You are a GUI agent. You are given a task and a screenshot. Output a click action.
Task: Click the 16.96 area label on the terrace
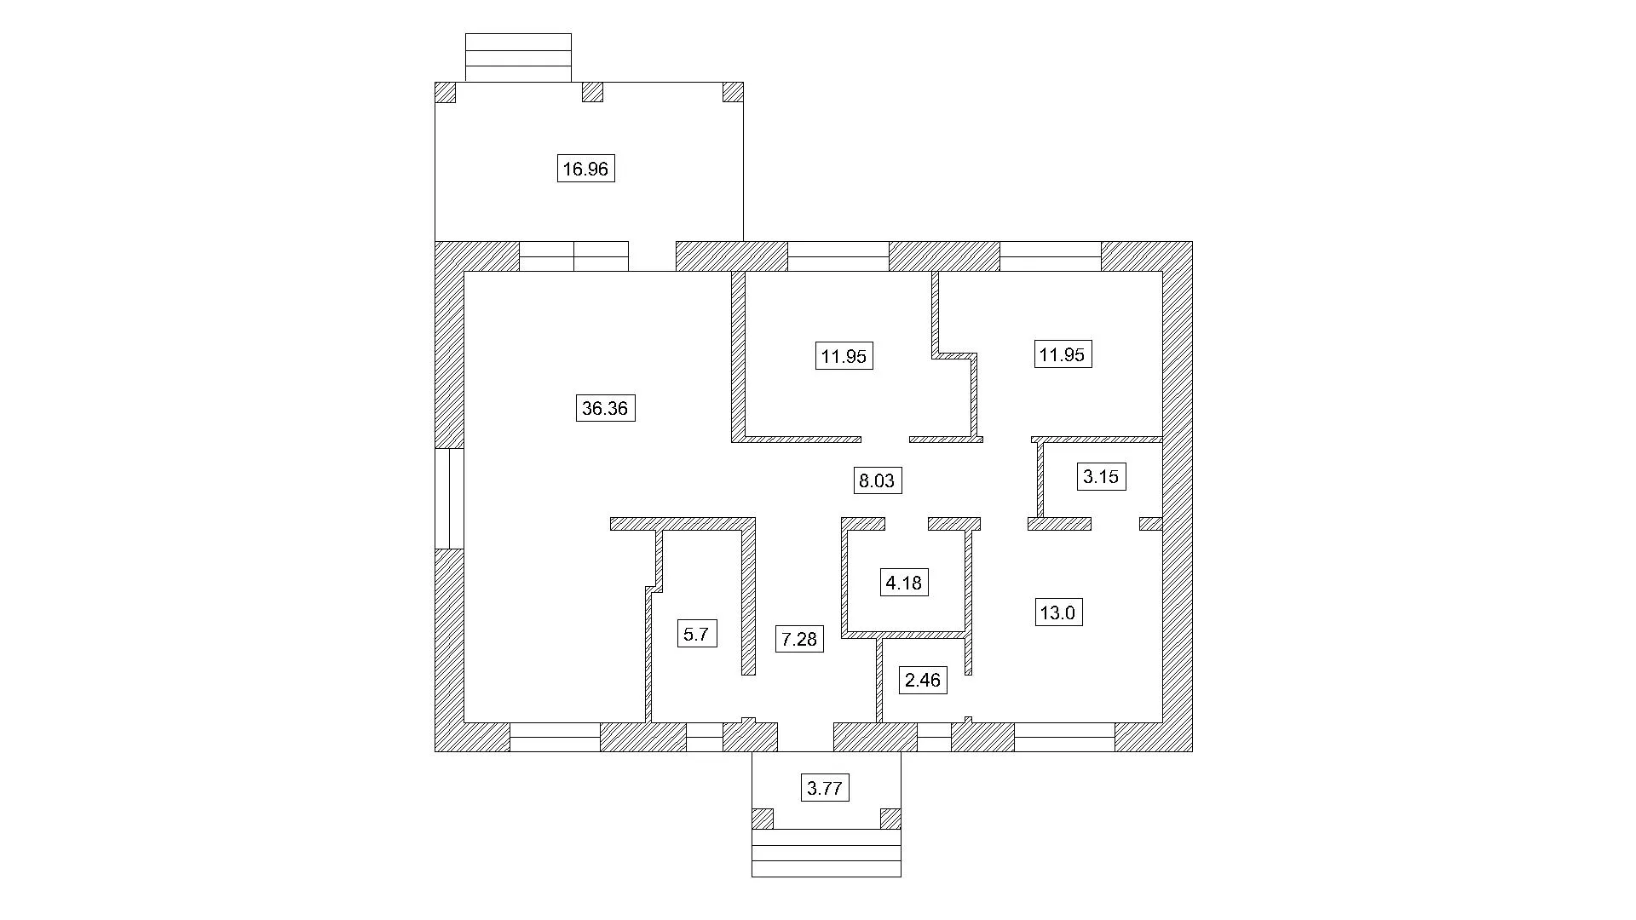tap(585, 169)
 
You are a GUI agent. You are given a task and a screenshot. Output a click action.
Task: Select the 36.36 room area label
tap(605, 408)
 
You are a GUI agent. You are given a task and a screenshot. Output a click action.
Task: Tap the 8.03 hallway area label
tap(877, 480)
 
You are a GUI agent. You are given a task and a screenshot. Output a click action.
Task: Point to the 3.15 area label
tap(1100, 476)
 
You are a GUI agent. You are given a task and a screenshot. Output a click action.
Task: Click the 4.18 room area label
tap(903, 583)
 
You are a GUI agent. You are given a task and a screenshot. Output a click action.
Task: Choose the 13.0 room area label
tap(1058, 612)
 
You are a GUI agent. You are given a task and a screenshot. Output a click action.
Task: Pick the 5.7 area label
tap(696, 634)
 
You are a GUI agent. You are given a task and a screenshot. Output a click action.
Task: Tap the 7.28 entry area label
tap(799, 638)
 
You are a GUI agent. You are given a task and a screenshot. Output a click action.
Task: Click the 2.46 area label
tap(923, 680)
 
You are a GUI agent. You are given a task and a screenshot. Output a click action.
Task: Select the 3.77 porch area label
tap(825, 788)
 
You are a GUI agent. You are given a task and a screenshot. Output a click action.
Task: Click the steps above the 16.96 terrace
tap(518, 58)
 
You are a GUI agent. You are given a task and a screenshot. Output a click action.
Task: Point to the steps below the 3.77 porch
tap(827, 853)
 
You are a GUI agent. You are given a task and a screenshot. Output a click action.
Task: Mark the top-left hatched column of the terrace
tap(446, 92)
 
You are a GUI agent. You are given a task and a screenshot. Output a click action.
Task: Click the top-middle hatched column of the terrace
tap(592, 92)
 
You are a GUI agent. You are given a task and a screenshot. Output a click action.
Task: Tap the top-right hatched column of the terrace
tap(733, 92)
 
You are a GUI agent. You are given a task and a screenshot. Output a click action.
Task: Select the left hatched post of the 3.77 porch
tap(763, 819)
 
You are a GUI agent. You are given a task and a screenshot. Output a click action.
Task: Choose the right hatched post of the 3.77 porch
tap(890, 819)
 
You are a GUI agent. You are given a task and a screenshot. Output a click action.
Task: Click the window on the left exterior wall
tap(450, 498)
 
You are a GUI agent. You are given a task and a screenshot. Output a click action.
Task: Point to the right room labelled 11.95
tap(1063, 354)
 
